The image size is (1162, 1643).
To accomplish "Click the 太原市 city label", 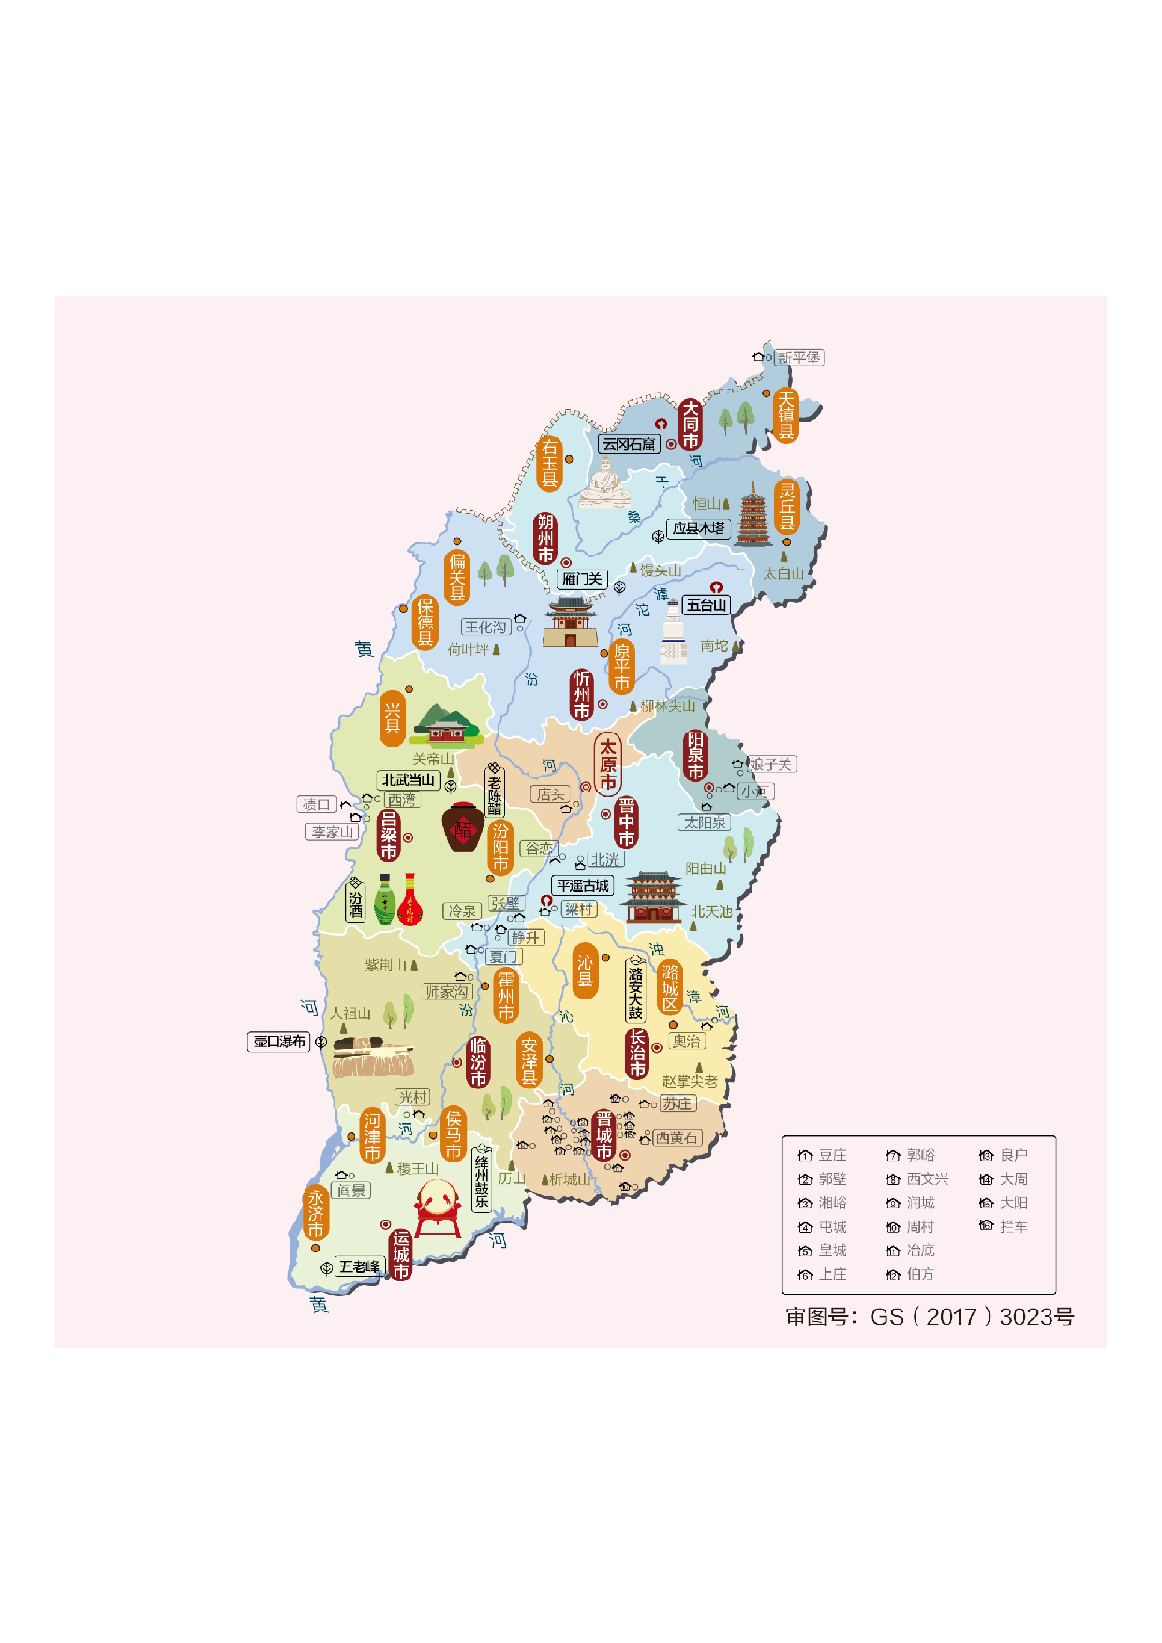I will [607, 763].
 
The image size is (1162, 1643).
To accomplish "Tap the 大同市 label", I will [691, 424].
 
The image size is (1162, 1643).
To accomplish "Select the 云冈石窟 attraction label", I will [629, 444].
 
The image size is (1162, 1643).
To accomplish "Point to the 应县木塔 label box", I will [699, 528].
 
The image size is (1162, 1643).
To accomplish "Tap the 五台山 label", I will [707, 605].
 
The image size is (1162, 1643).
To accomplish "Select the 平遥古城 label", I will [582, 885].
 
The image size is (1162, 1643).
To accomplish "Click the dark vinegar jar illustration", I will [463, 827].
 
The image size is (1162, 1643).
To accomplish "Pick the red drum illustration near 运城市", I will [438, 1208].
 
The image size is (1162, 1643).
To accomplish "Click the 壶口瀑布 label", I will [279, 1042].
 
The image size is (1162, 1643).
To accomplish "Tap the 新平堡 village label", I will [798, 358].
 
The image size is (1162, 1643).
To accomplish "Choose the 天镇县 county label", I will [786, 415].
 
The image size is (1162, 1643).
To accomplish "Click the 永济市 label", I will [316, 1213].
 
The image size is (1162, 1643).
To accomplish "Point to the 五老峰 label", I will [360, 1266].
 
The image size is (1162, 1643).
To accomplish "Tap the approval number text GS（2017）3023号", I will [929, 1316].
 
